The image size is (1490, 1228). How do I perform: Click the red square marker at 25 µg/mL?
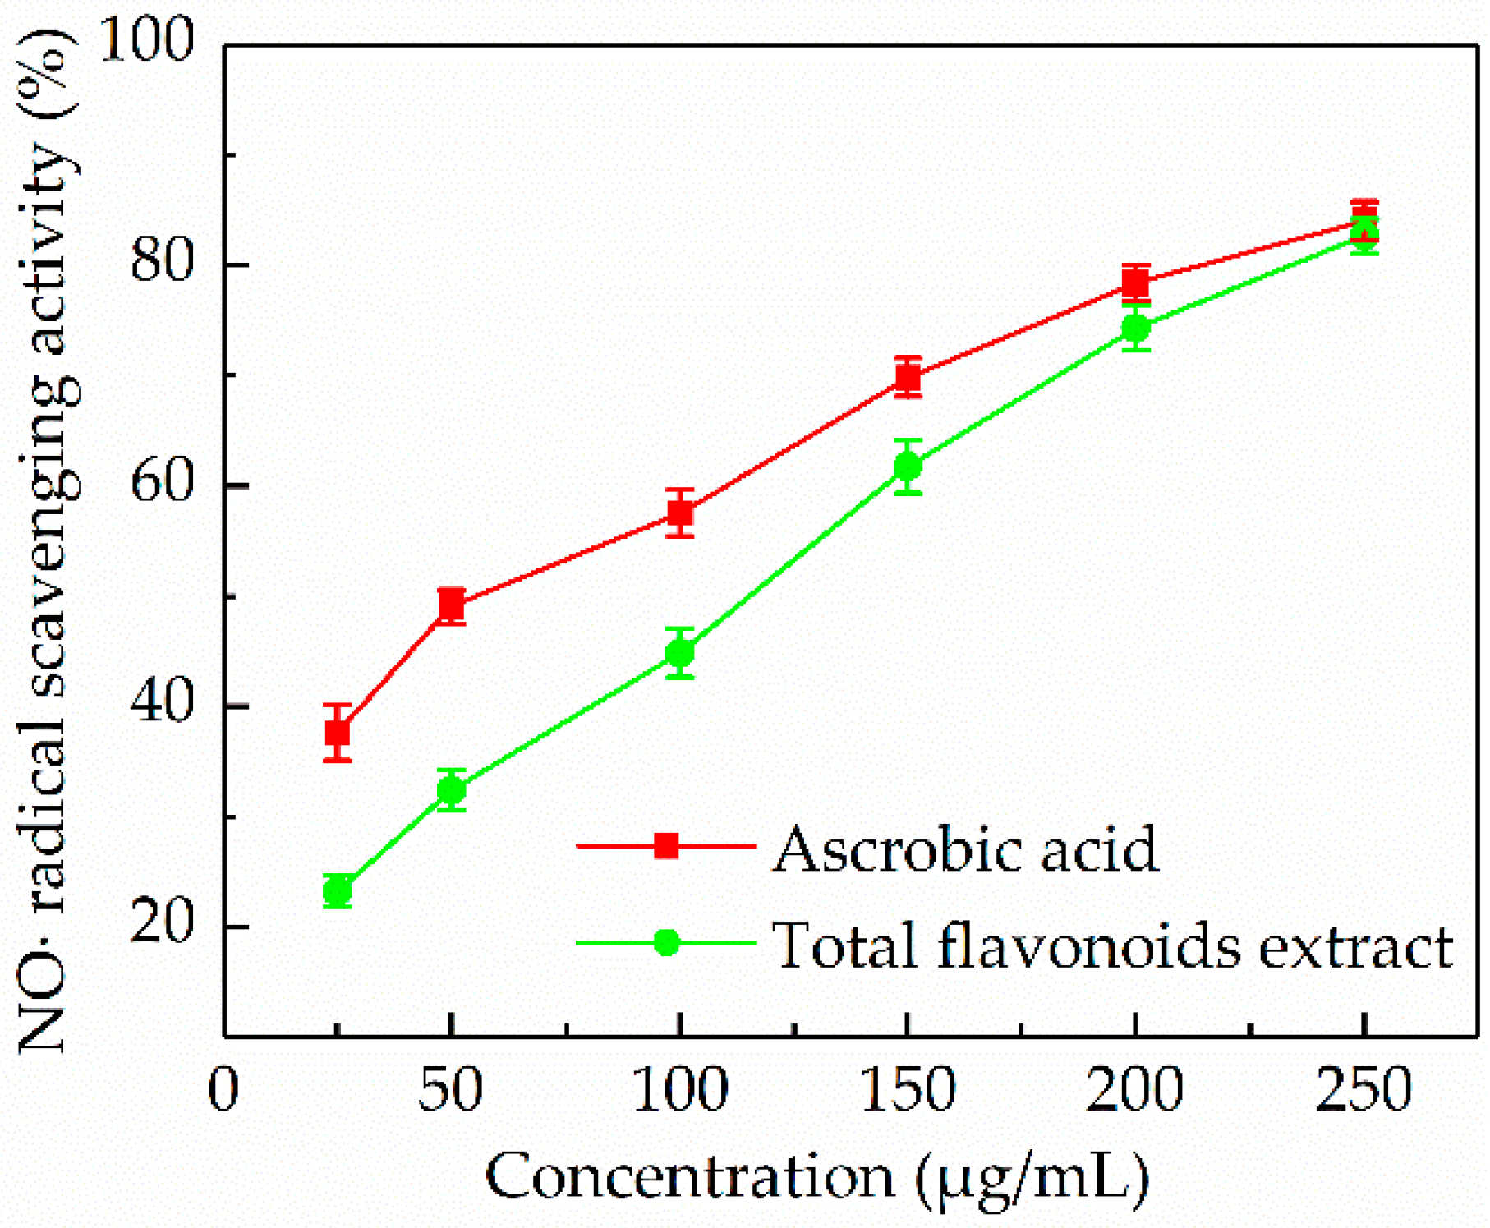point(338,732)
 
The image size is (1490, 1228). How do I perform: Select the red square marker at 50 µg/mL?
point(452,605)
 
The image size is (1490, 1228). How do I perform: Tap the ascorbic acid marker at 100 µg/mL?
point(680,513)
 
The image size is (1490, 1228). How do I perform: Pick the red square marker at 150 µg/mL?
point(908,377)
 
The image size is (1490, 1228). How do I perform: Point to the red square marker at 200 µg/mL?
point(1136,283)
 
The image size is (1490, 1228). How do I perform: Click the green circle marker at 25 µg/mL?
point(338,890)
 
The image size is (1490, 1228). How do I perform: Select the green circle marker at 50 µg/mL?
point(452,790)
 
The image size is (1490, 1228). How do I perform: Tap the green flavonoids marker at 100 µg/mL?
point(680,654)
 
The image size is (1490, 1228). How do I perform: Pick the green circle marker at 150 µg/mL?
point(908,467)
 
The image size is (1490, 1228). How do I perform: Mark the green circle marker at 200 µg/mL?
point(1136,329)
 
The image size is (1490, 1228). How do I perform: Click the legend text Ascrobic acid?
point(966,849)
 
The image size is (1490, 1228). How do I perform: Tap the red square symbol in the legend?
point(667,845)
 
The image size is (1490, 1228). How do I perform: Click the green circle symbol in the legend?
point(667,942)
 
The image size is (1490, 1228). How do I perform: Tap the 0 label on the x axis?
point(223,1089)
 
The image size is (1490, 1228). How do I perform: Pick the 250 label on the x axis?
point(1364,1089)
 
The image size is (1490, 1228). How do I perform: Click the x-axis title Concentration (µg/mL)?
point(817,1176)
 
